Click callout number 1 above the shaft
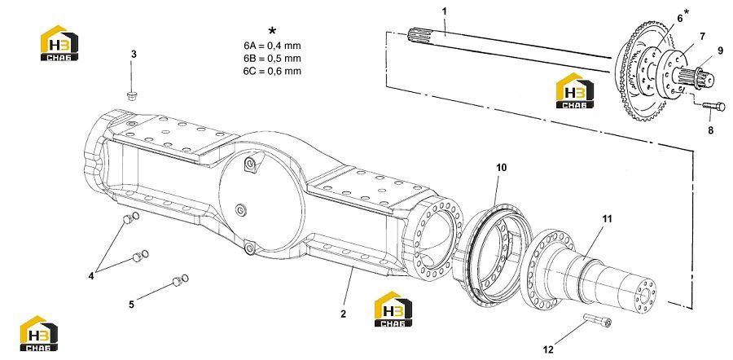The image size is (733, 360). coord(445,11)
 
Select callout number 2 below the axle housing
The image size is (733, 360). coord(343,314)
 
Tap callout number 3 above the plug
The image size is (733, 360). coord(134,55)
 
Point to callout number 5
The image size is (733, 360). coord(131,305)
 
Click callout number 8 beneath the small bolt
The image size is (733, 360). coord(710,130)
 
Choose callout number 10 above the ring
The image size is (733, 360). coord(501,168)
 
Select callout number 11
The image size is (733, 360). coord(607,219)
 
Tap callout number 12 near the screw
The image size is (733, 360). coord(548,349)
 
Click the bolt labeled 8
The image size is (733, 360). coord(713,107)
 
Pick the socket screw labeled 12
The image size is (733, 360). coord(598,320)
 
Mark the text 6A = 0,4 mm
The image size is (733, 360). coord(271,46)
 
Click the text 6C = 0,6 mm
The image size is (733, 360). coord(271,71)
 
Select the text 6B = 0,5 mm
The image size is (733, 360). coord(271,59)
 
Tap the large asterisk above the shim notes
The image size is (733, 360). coord(272,31)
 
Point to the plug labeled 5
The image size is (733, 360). coord(180,280)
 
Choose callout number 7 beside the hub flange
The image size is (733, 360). coord(703,36)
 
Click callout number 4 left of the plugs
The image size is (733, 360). coord(90,276)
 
